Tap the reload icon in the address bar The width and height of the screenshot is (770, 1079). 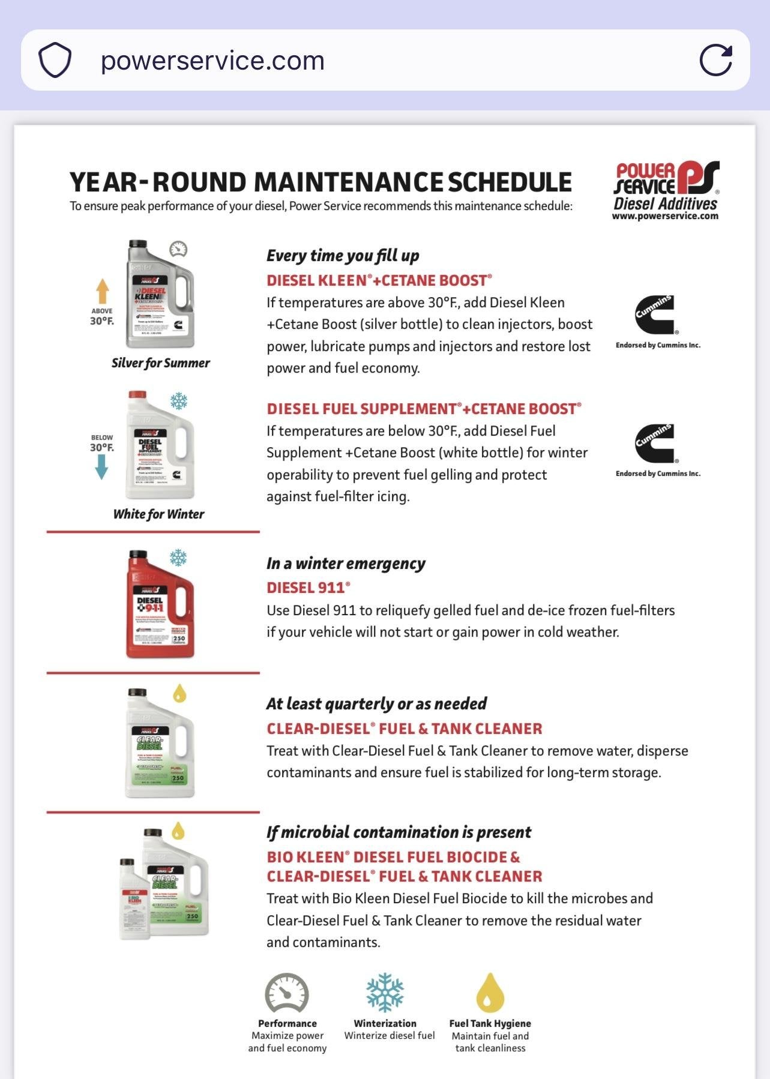pyautogui.click(x=716, y=60)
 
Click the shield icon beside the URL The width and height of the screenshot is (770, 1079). pyautogui.click(x=55, y=60)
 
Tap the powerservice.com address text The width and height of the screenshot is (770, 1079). pyautogui.click(x=212, y=61)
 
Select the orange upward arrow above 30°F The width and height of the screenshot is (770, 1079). pyautogui.click(x=103, y=291)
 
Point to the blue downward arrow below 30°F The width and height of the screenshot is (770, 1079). pyautogui.click(x=101, y=467)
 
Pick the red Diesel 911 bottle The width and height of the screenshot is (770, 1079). pyautogui.click(x=160, y=604)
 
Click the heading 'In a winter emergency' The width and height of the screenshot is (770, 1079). pyautogui.click(x=346, y=564)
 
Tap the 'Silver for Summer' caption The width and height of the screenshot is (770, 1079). pyautogui.click(x=160, y=363)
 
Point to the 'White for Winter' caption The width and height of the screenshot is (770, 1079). pyautogui.click(x=158, y=514)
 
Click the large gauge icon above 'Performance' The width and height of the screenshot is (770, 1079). pyautogui.click(x=287, y=993)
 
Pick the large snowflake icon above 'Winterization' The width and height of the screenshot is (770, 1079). pyautogui.click(x=385, y=993)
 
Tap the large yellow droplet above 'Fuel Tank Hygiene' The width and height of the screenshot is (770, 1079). pyautogui.click(x=490, y=993)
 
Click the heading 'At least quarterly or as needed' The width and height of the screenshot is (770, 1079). pyautogui.click(x=376, y=703)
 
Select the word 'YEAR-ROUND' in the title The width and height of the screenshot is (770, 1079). pyautogui.click(x=158, y=182)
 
